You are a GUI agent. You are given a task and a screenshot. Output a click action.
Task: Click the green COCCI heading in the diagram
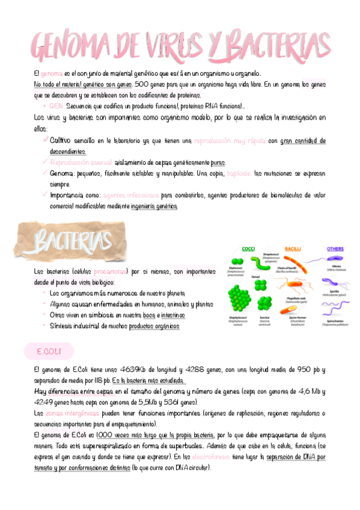tap(248, 248)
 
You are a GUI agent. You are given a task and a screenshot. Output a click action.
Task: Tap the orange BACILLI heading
tap(293, 248)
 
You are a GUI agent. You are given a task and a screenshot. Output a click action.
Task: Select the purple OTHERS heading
tap(335, 248)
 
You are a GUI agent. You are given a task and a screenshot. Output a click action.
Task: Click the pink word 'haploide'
tap(239, 173)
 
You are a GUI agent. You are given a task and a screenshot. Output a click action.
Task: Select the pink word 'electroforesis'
tap(225, 457)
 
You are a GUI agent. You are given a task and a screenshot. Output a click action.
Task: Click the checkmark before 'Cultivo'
tap(46, 140)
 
